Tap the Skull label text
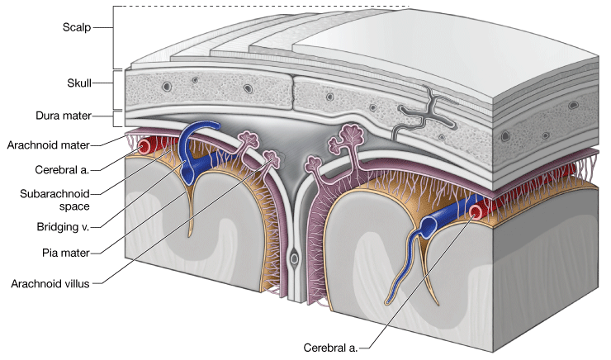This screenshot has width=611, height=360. click(x=78, y=83)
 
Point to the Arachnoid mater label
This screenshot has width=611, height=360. click(x=49, y=144)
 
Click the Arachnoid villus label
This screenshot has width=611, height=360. click(x=54, y=282)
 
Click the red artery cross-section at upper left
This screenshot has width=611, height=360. click(x=145, y=147)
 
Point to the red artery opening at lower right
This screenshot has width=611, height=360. click(x=476, y=214)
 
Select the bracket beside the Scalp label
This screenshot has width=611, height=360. click(x=114, y=37)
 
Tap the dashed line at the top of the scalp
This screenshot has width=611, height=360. click(x=264, y=7)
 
